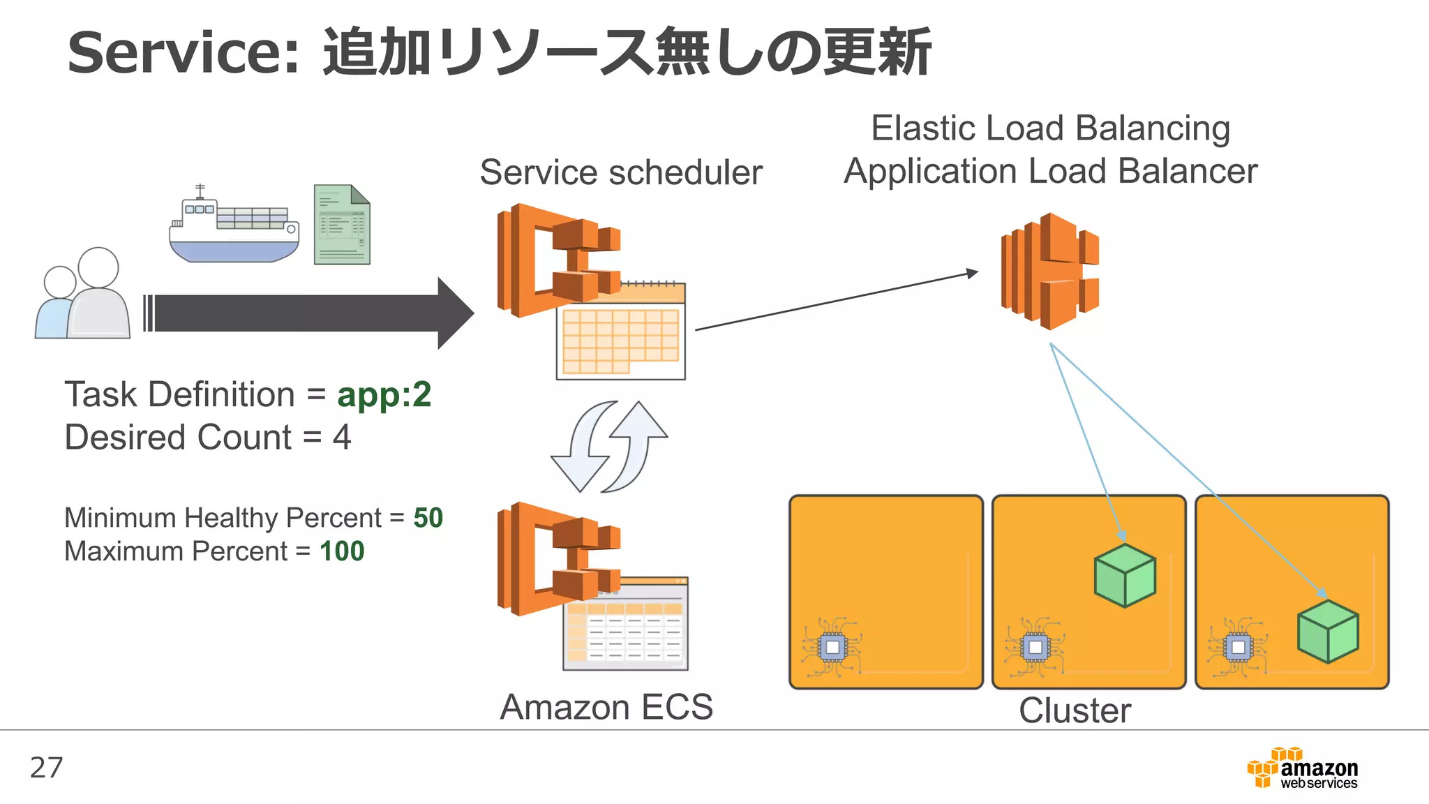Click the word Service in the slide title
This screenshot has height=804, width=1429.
[183, 53]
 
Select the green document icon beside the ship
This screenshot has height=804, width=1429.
[342, 225]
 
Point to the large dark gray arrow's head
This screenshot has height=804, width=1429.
[455, 313]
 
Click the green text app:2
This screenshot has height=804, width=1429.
[384, 395]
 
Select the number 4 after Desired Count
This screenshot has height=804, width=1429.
[341, 438]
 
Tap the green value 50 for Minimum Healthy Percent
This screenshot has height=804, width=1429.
[428, 518]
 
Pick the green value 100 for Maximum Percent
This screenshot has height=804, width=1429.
[342, 551]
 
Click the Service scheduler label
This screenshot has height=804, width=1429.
[621, 172]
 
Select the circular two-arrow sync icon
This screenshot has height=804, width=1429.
[609, 447]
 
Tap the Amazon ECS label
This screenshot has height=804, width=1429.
[606, 707]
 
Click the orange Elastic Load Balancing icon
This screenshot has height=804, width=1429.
[1050, 271]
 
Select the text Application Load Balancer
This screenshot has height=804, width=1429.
[1050, 171]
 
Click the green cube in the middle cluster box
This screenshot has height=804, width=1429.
[1125, 576]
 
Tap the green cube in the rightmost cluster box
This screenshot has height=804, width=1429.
[1328, 632]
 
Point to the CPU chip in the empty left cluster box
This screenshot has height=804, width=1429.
[832, 648]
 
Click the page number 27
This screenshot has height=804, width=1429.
[47, 768]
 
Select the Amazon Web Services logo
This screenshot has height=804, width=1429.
[1303, 768]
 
